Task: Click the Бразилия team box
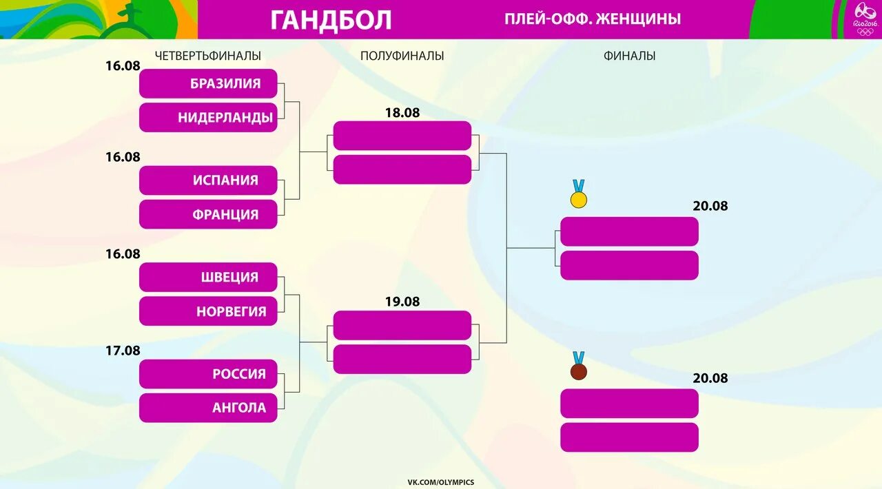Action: coord(208,83)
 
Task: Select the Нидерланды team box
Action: coord(208,118)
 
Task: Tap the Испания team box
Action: coord(208,180)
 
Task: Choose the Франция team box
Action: coord(208,214)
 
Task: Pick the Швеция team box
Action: coord(208,277)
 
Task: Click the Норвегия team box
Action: coord(208,311)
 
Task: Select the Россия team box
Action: coord(208,374)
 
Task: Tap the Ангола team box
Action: coord(208,408)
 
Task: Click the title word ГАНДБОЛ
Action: coord(331,20)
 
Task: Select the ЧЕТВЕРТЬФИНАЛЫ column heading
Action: coord(208,56)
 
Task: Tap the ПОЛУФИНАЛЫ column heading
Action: coord(402,56)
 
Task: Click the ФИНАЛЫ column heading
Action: coord(629,56)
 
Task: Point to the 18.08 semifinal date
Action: coord(402,113)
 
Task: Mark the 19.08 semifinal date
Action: coord(402,302)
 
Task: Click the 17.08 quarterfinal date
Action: coord(123,351)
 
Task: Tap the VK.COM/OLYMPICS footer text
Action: coord(440,482)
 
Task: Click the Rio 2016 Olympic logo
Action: coord(865,19)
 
